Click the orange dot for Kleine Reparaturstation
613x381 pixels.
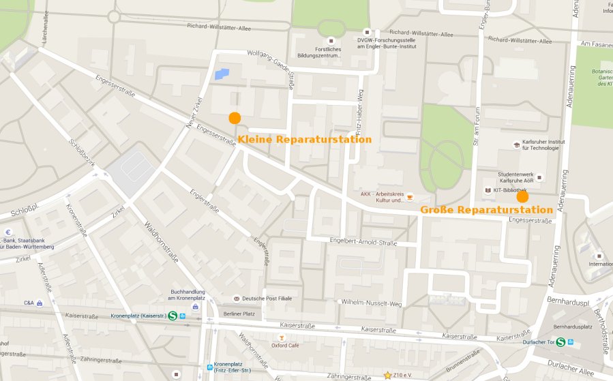(235, 118)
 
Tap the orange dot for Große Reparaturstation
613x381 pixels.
(522, 196)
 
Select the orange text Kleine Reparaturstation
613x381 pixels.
(304, 139)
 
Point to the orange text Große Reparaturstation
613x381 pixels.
(485, 210)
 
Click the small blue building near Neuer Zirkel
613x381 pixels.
(222, 74)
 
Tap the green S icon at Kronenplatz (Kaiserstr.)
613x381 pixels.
(173, 316)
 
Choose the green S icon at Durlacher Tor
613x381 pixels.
(560, 342)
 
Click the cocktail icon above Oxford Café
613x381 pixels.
(280, 337)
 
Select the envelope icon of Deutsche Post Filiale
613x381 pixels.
(237, 299)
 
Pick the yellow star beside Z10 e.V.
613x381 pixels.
(387, 375)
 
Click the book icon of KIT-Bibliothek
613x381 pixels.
(487, 190)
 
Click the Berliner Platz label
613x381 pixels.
(239, 314)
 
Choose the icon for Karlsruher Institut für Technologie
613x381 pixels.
(515, 144)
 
